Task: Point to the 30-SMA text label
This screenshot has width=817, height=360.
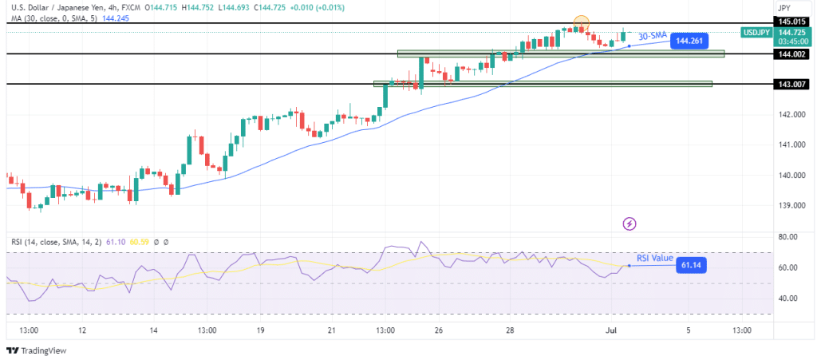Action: coord(653,35)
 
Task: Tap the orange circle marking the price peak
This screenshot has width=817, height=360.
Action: coord(582,24)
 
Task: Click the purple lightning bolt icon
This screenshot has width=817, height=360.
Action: coord(630,224)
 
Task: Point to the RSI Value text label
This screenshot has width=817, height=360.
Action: coord(655,258)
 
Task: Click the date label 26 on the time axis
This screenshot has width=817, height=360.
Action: coord(439,330)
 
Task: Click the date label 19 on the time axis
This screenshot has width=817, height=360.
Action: coord(260,330)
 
